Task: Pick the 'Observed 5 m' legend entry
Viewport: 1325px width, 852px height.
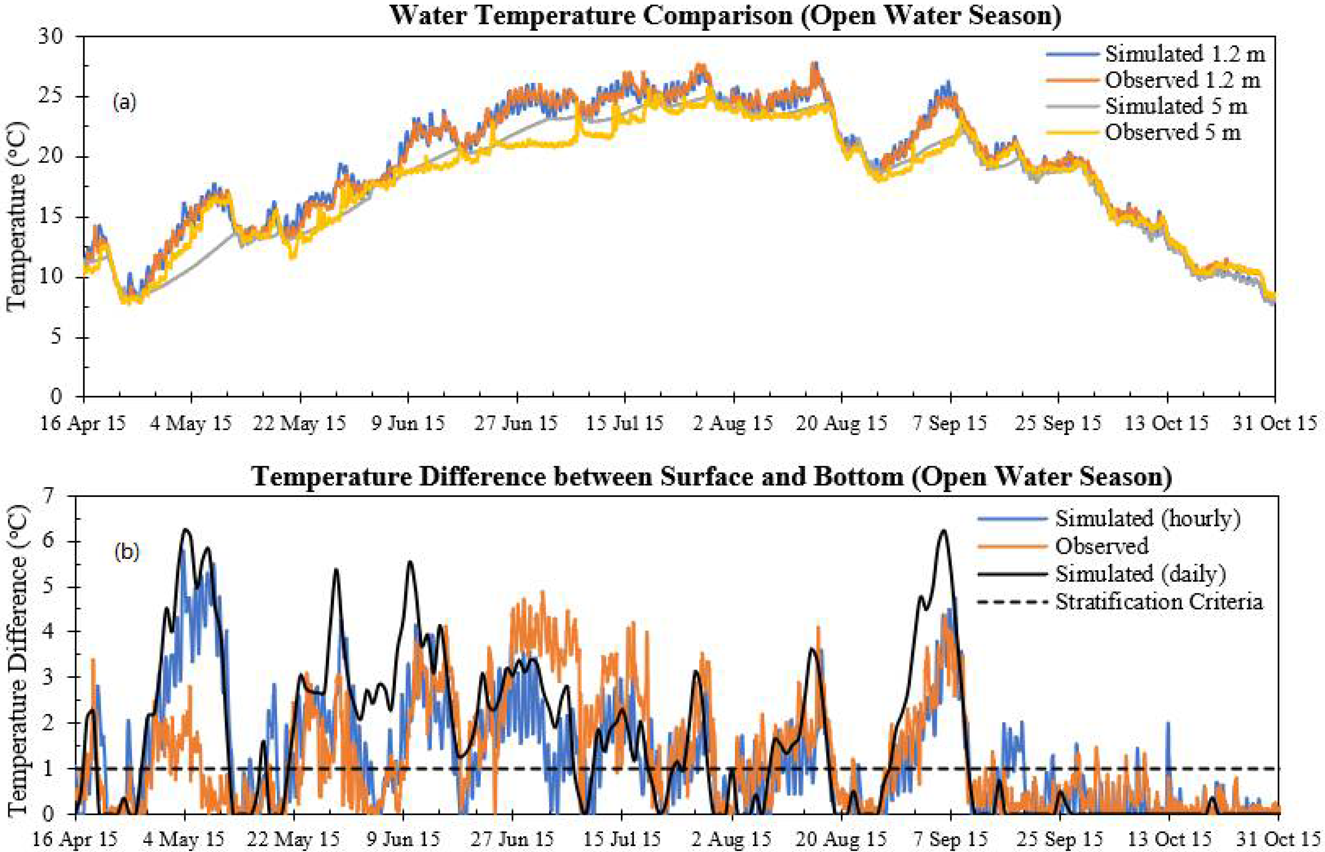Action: pos(1172,132)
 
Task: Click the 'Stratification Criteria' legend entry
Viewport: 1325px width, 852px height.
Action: pos(1159,601)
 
